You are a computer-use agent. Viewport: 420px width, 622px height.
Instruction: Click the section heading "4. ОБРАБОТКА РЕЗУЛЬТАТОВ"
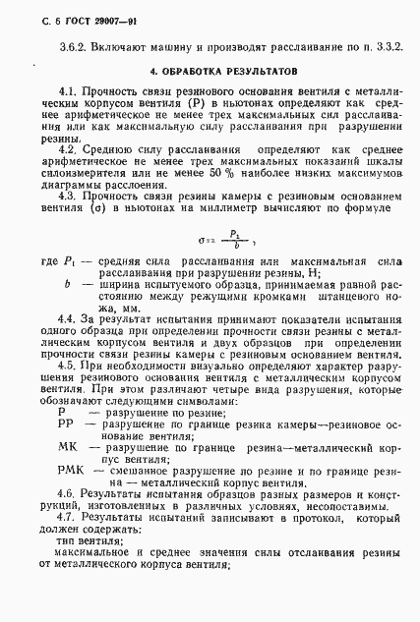[x=208, y=72]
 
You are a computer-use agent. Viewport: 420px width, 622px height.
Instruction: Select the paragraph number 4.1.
[x=68, y=90]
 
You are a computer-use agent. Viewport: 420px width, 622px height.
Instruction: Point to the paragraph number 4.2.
[x=68, y=149]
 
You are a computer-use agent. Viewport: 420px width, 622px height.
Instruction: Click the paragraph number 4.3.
[x=68, y=197]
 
